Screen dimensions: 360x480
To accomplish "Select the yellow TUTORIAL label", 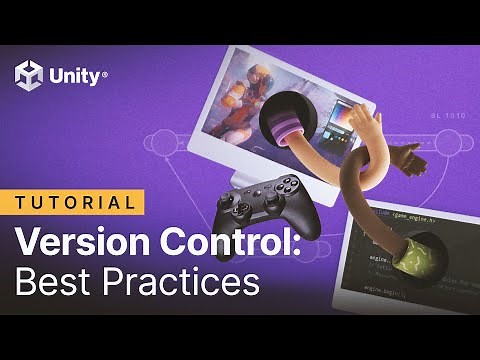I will [78, 202].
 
